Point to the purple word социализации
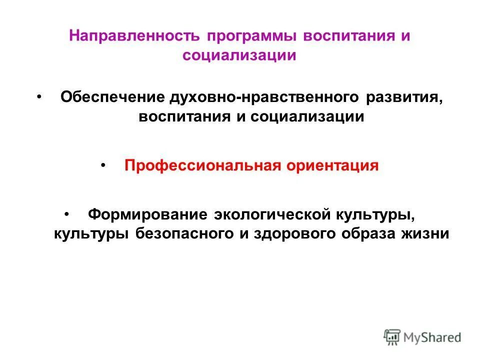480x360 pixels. pyautogui.click(x=239, y=55)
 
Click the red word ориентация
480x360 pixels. pyautogui.click(x=332, y=165)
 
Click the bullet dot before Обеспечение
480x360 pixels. pyautogui.click(x=39, y=95)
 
